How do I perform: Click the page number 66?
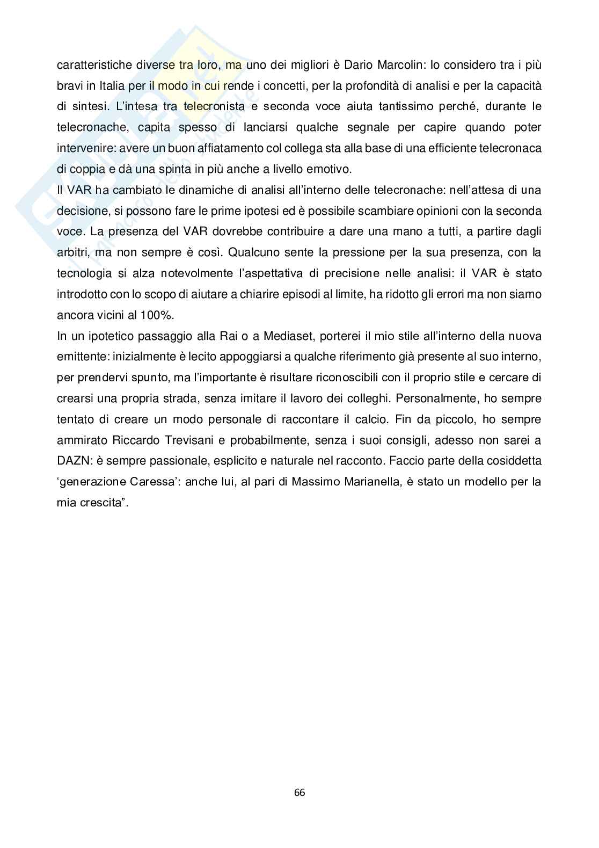pos(299,793)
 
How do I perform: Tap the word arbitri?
pos(74,253)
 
